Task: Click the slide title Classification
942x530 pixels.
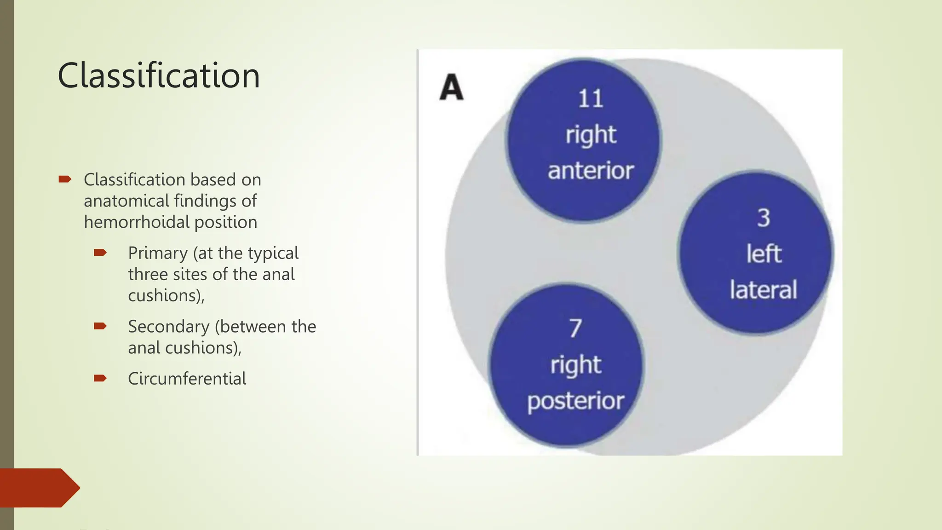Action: (x=159, y=75)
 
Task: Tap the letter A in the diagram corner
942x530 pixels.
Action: (x=451, y=87)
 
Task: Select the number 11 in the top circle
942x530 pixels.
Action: (x=590, y=99)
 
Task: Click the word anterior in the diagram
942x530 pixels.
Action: (x=591, y=171)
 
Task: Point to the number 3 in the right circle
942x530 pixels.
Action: (x=764, y=218)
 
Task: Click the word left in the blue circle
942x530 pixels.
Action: (x=764, y=253)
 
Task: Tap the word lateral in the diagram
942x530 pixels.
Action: (x=764, y=290)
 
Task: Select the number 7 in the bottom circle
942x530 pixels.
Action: (x=575, y=328)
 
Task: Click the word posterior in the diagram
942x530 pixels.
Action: (x=575, y=401)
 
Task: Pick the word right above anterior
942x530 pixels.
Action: (x=591, y=135)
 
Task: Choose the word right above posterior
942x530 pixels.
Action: (x=575, y=365)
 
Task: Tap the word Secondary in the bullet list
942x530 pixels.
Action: (x=168, y=327)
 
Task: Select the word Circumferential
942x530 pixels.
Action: (x=187, y=379)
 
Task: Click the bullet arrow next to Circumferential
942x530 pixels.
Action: (x=100, y=378)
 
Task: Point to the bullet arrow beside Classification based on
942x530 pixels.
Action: (x=65, y=179)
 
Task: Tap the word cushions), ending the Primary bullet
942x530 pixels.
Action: (x=166, y=295)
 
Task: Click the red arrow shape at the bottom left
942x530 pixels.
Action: (x=39, y=488)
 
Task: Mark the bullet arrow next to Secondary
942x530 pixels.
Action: (x=100, y=326)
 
